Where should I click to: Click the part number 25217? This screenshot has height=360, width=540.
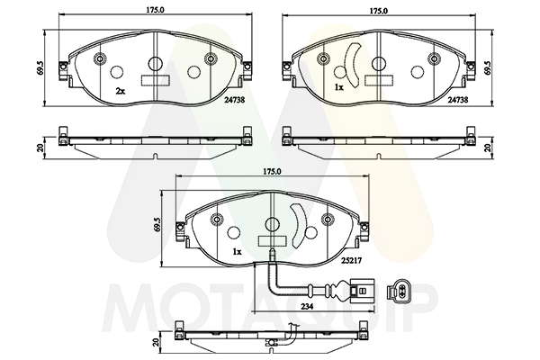pyautogui.click(x=351, y=261)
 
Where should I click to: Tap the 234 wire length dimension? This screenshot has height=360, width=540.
pyautogui.click(x=307, y=306)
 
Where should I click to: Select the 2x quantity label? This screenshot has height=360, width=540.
pyautogui.click(x=120, y=91)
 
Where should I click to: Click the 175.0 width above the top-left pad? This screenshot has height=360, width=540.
pyautogui.click(x=154, y=10)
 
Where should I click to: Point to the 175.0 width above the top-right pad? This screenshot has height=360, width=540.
pyautogui.click(x=379, y=11)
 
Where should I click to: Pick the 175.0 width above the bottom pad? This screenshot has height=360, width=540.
pyautogui.click(x=272, y=171)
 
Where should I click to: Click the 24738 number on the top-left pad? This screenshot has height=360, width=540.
pyautogui.click(x=235, y=100)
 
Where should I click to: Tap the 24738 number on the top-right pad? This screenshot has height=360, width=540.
pyautogui.click(x=458, y=100)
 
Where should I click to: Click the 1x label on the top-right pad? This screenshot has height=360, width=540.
pyautogui.click(x=339, y=88)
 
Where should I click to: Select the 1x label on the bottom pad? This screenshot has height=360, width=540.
pyautogui.click(x=237, y=252)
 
